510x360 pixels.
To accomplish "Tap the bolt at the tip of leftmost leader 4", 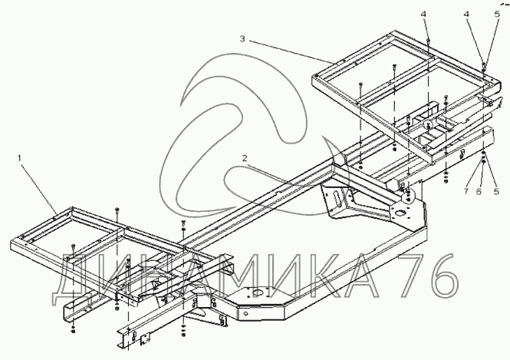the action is point(428,41).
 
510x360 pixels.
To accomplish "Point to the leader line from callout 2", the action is point(284,174).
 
